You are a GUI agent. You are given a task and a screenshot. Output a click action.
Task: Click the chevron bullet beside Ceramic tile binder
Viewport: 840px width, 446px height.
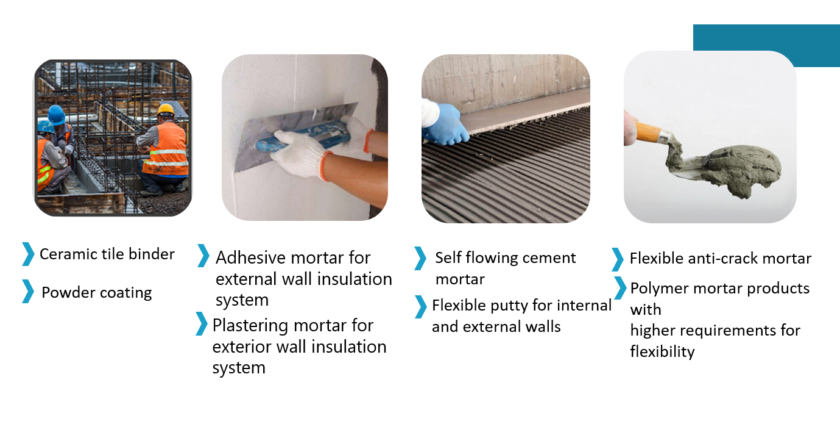coord(28,254)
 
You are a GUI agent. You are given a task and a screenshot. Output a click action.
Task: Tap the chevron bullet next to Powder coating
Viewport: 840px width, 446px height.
coord(28,292)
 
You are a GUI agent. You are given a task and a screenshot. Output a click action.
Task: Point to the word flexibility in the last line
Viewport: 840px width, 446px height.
coord(662,352)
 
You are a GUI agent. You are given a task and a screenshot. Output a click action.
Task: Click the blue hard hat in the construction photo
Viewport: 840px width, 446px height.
coord(56,114)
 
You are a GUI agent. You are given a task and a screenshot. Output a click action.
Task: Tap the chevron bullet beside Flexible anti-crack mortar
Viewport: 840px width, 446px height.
coord(618,259)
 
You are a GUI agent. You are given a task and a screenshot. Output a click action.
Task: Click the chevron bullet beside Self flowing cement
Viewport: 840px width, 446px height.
coord(420,258)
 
